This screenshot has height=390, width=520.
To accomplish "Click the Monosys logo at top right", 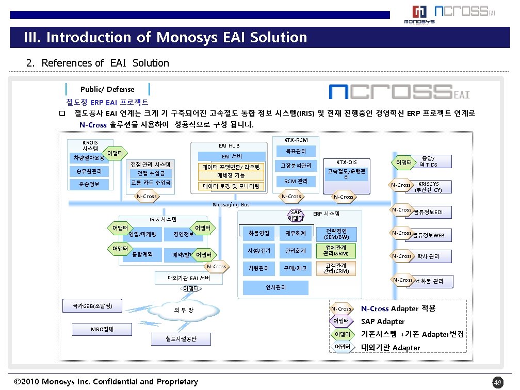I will pyautogui.click(x=418, y=14).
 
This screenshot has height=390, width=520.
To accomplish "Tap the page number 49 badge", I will pyautogui.click(x=497, y=382).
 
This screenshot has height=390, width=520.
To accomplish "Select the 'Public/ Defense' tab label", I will pyautogui.click(x=107, y=89).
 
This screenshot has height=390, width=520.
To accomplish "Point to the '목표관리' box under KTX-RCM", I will pyautogui.click(x=296, y=151).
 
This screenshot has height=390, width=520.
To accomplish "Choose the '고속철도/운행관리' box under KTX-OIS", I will pyautogui.click(x=346, y=174).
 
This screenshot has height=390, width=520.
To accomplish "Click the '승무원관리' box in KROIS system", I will pyautogui.click(x=86, y=171).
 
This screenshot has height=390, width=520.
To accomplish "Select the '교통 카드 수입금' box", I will pyautogui.click(x=151, y=183).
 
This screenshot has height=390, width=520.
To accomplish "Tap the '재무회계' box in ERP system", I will pyautogui.click(x=296, y=233).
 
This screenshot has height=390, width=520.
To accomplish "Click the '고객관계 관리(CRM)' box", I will pyautogui.click(x=336, y=268).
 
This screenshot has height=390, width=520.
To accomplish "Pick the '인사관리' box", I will pyautogui.click(x=275, y=287).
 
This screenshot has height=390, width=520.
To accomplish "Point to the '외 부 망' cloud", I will pyautogui.click(x=184, y=310).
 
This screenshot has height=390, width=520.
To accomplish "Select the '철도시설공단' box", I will pyautogui.click(x=181, y=339).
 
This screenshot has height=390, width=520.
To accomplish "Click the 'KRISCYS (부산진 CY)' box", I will pyautogui.click(x=428, y=187).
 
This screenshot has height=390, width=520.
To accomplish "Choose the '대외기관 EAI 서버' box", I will pyautogui.click(x=189, y=278).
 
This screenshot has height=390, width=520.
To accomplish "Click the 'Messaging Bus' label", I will pyautogui.click(x=231, y=205).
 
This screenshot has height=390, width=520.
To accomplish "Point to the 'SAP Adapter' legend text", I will pyautogui.click(x=383, y=321).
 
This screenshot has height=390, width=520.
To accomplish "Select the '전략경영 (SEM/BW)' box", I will pyautogui.click(x=336, y=234).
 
